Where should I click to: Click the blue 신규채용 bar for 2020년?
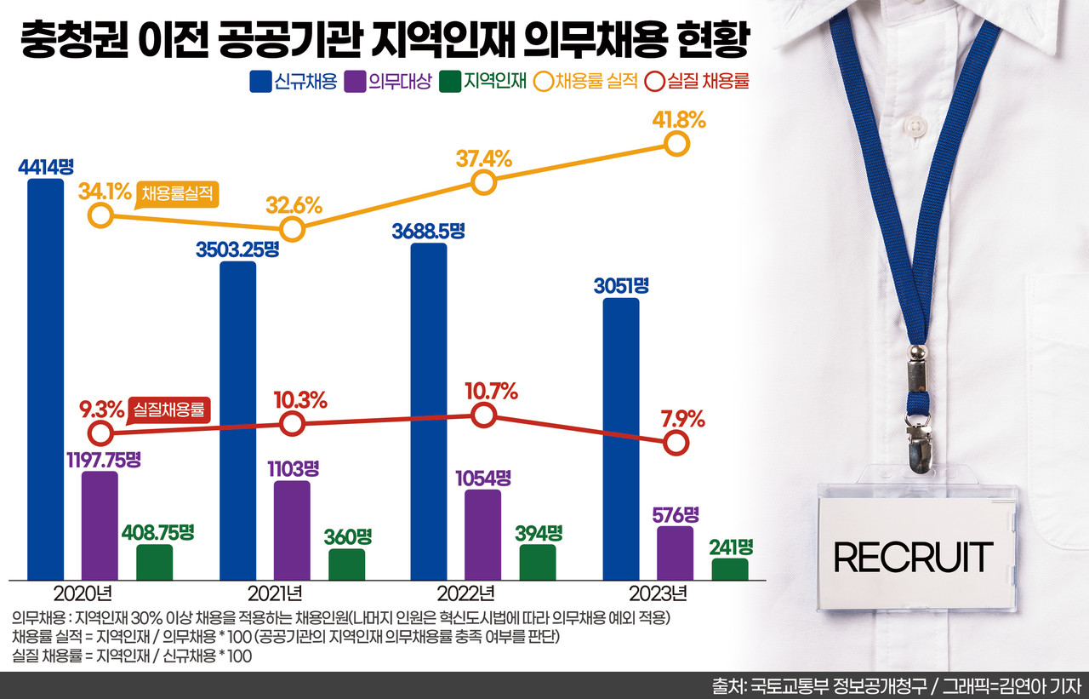click(x=45, y=379)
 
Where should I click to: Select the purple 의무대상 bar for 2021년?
click(x=292, y=530)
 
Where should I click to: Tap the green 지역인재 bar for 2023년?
click(x=730, y=569)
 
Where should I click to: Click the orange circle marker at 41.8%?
click(x=676, y=144)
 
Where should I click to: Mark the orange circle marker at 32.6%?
click(x=292, y=229)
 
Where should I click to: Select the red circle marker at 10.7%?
click(x=483, y=415)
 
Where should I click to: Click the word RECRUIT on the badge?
click(x=913, y=557)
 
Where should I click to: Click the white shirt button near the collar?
click(x=915, y=128)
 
